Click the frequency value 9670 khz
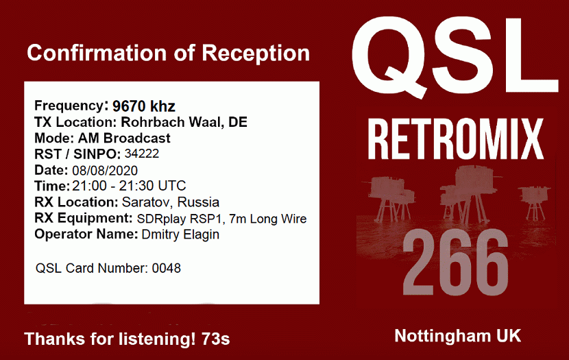144,106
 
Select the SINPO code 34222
142,154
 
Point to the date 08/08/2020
105,171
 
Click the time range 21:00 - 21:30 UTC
129,186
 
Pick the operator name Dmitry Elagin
180,235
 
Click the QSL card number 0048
166,268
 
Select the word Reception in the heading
256,53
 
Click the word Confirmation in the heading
97,53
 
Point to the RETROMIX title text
456,139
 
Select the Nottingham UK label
457,336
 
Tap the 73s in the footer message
215,339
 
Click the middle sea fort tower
465,192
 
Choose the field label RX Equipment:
84,219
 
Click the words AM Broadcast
124,139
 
